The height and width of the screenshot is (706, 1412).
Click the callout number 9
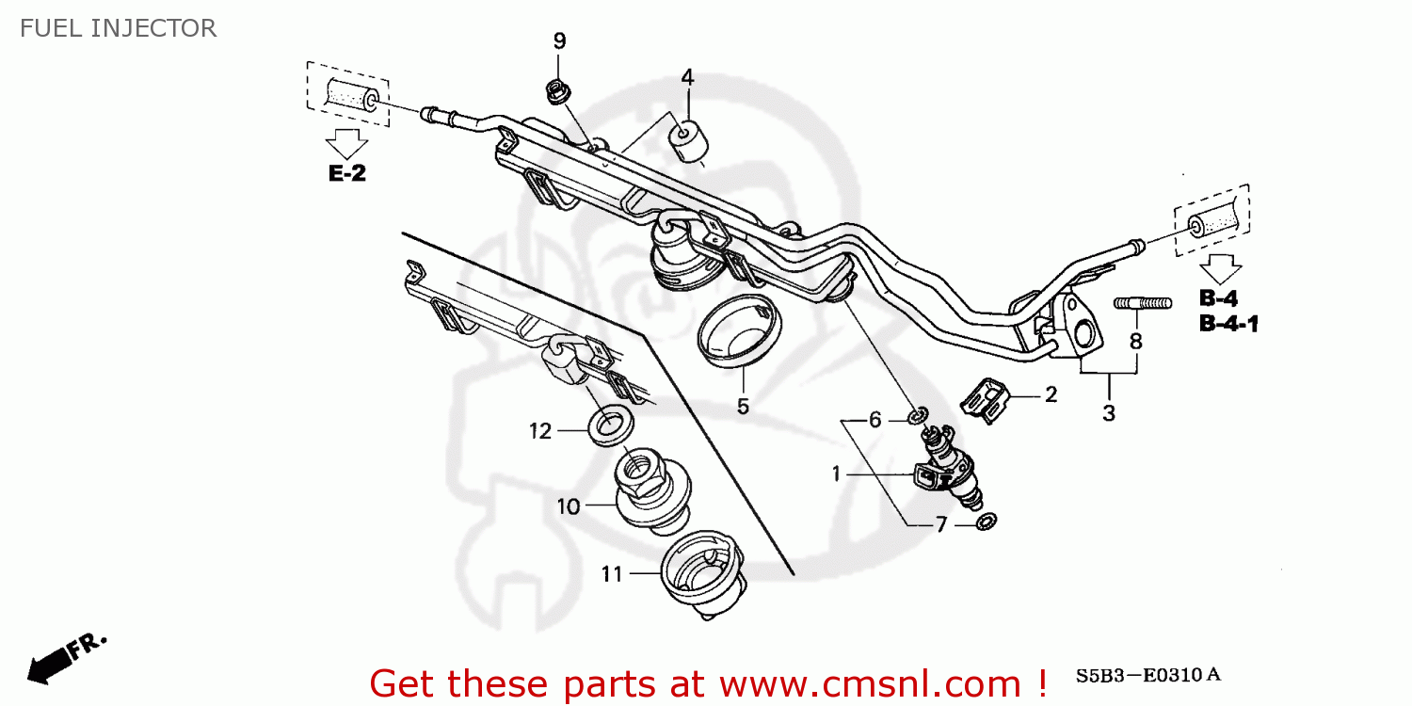[559, 40]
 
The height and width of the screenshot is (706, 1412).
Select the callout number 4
[687, 77]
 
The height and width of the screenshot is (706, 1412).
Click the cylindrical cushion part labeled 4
[689, 140]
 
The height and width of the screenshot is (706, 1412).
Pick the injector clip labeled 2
[986, 401]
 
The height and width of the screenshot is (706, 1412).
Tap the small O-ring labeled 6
[919, 415]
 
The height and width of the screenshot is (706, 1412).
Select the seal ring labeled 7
[987, 521]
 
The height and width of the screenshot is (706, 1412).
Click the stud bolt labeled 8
[1143, 303]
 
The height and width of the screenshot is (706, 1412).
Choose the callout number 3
[1109, 412]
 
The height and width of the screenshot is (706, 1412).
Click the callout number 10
[569, 506]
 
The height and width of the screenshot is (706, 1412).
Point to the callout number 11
[612, 572]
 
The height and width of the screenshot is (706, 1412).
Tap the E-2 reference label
[346, 173]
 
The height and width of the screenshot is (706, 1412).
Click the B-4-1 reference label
[1228, 325]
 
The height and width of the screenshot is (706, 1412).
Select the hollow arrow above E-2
[346, 144]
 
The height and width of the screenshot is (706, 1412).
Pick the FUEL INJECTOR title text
[118, 28]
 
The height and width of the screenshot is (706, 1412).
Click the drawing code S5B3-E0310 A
[1147, 675]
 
